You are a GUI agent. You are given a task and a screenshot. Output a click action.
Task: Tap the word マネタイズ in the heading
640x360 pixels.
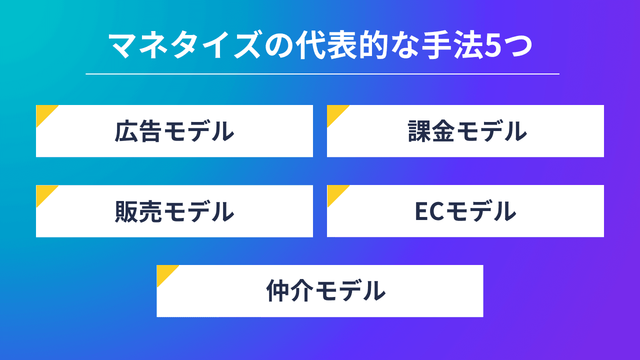click(184, 46)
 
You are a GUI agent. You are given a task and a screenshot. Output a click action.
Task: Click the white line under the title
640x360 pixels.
click(322, 74)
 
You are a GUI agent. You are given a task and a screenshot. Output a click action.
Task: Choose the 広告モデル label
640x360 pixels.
click(174, 131)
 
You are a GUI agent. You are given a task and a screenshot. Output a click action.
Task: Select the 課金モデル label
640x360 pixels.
click(465, 131)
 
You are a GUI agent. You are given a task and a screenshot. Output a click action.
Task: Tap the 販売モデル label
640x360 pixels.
click(174, 211)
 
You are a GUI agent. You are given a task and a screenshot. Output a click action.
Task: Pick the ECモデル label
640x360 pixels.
click(465, 211)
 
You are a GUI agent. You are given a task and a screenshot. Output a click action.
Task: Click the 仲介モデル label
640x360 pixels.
click(325, 291)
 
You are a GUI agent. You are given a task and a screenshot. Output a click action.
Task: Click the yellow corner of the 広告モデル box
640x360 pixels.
click(43, 112)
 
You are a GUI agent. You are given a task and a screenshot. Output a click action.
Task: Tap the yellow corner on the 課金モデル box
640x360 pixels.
click(334, 112)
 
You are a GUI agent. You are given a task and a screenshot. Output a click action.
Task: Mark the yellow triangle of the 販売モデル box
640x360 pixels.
click(43, 192)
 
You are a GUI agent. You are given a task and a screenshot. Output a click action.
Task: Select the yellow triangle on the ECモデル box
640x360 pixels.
click(334, 192)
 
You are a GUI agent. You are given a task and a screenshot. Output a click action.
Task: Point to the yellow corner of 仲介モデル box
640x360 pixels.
click(164, 272)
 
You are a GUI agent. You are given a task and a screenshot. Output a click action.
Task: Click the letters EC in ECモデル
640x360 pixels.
click(430, 211)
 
